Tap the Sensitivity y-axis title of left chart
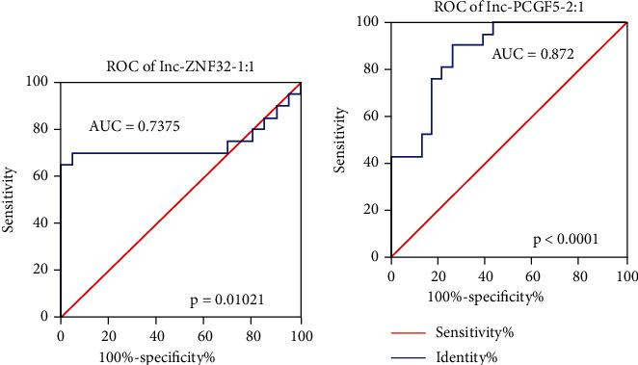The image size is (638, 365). tap(10, 199)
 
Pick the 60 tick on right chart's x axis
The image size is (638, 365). tap(533, 275)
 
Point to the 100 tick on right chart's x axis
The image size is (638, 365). tap(625, 275)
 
